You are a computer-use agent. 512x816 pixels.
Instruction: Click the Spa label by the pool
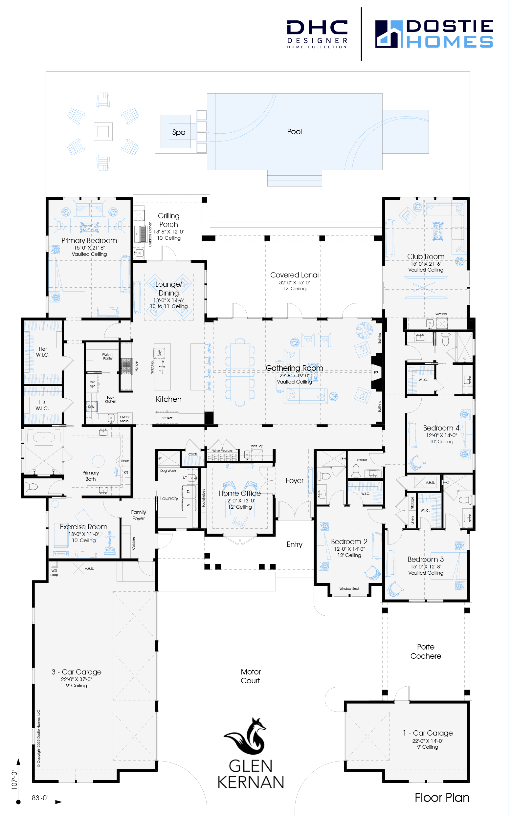click(x=179, y=132)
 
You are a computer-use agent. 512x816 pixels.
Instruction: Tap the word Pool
click(x=294, y=132)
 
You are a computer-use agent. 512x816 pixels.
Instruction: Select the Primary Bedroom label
click(x=89, y=241)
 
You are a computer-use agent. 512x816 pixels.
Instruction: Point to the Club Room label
click(x=426, y=257)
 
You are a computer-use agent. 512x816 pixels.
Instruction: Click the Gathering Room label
click(x=294, y=368)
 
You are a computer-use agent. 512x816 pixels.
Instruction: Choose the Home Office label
click(x=240, y=493)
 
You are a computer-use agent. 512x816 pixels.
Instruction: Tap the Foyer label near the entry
click(x=294, y=481)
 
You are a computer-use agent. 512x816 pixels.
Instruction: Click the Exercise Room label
click(x=84, y=527)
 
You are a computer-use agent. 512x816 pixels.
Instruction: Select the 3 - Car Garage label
click(x=77, y=672)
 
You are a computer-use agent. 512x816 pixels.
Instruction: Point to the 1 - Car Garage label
click(x=428, y=733)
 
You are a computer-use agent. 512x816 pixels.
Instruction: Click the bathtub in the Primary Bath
click(x=44, y=437)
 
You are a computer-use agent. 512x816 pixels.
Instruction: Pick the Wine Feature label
click(x=222, y=451)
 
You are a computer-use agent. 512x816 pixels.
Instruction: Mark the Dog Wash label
click(x=168, y=471)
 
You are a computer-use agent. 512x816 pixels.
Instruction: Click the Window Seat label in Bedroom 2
click(x=349, y=588)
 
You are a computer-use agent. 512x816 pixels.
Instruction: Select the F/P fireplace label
click(x=376, y=372)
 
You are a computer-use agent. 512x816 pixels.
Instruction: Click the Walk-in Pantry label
click(x=108, y=356)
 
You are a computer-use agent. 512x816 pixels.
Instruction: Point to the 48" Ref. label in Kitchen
click(x=167, y=418)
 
